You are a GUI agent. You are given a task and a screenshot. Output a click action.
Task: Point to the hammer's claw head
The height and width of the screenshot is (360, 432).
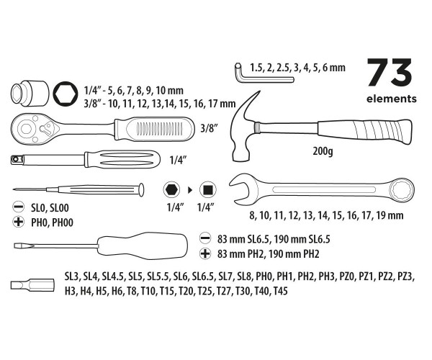pos(249,126)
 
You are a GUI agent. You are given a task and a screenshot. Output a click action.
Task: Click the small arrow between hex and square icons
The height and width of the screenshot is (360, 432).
pos(189,191)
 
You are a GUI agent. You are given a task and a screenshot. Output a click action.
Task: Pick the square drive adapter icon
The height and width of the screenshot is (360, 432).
pos(207,191)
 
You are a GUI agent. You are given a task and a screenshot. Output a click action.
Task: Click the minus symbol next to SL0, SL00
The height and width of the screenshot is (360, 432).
pos(18,207)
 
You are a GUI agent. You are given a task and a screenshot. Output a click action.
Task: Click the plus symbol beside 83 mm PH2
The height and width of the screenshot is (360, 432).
pos(204,253)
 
